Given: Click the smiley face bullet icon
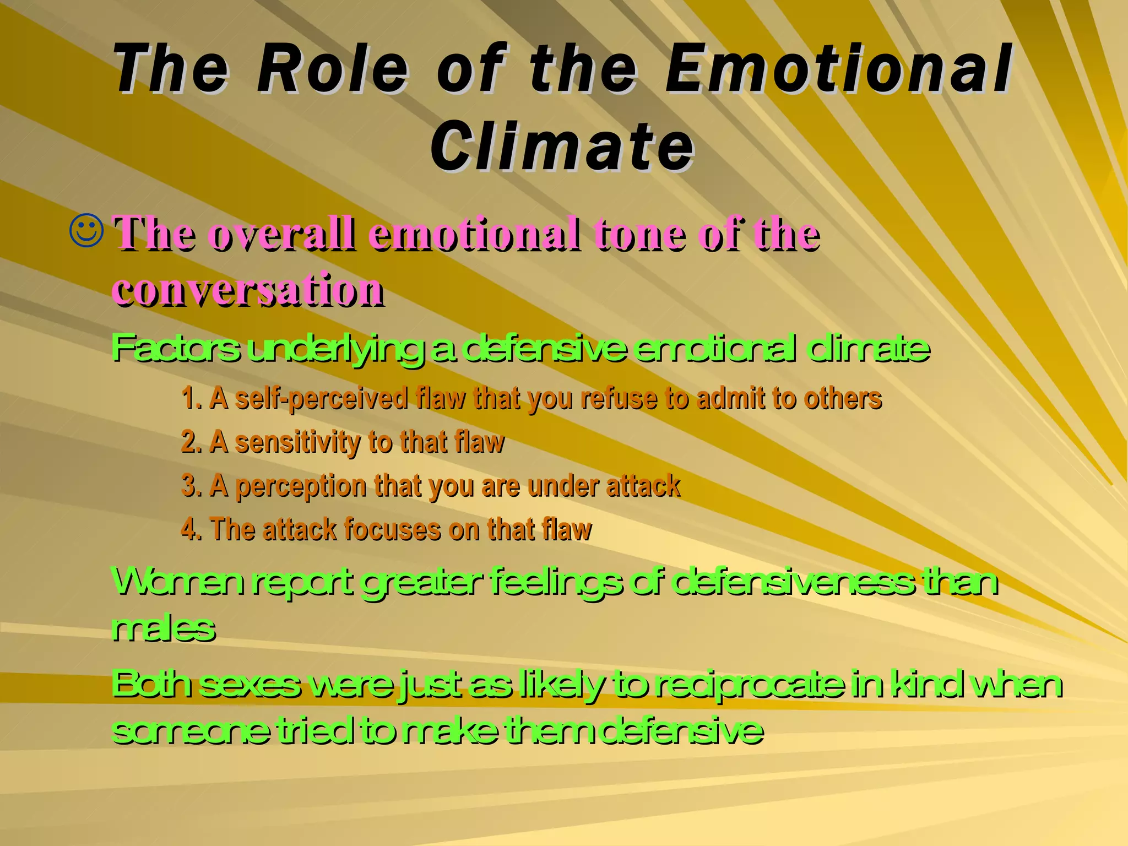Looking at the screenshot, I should tap(86, 231).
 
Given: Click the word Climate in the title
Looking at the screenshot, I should tap(562, 147).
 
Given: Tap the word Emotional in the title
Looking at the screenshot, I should tap(837, 69).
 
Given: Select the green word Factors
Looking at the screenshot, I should tap(176, 348).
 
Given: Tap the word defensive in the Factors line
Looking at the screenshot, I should tap(544, 348).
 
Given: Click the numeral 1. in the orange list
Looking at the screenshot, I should tap(191, 398).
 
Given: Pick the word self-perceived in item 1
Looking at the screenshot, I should tap(322, 398).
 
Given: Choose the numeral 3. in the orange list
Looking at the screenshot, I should tap(191, 486).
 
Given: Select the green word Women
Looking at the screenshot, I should tap(177, 582).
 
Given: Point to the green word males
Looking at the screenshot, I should tap(162, 628).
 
